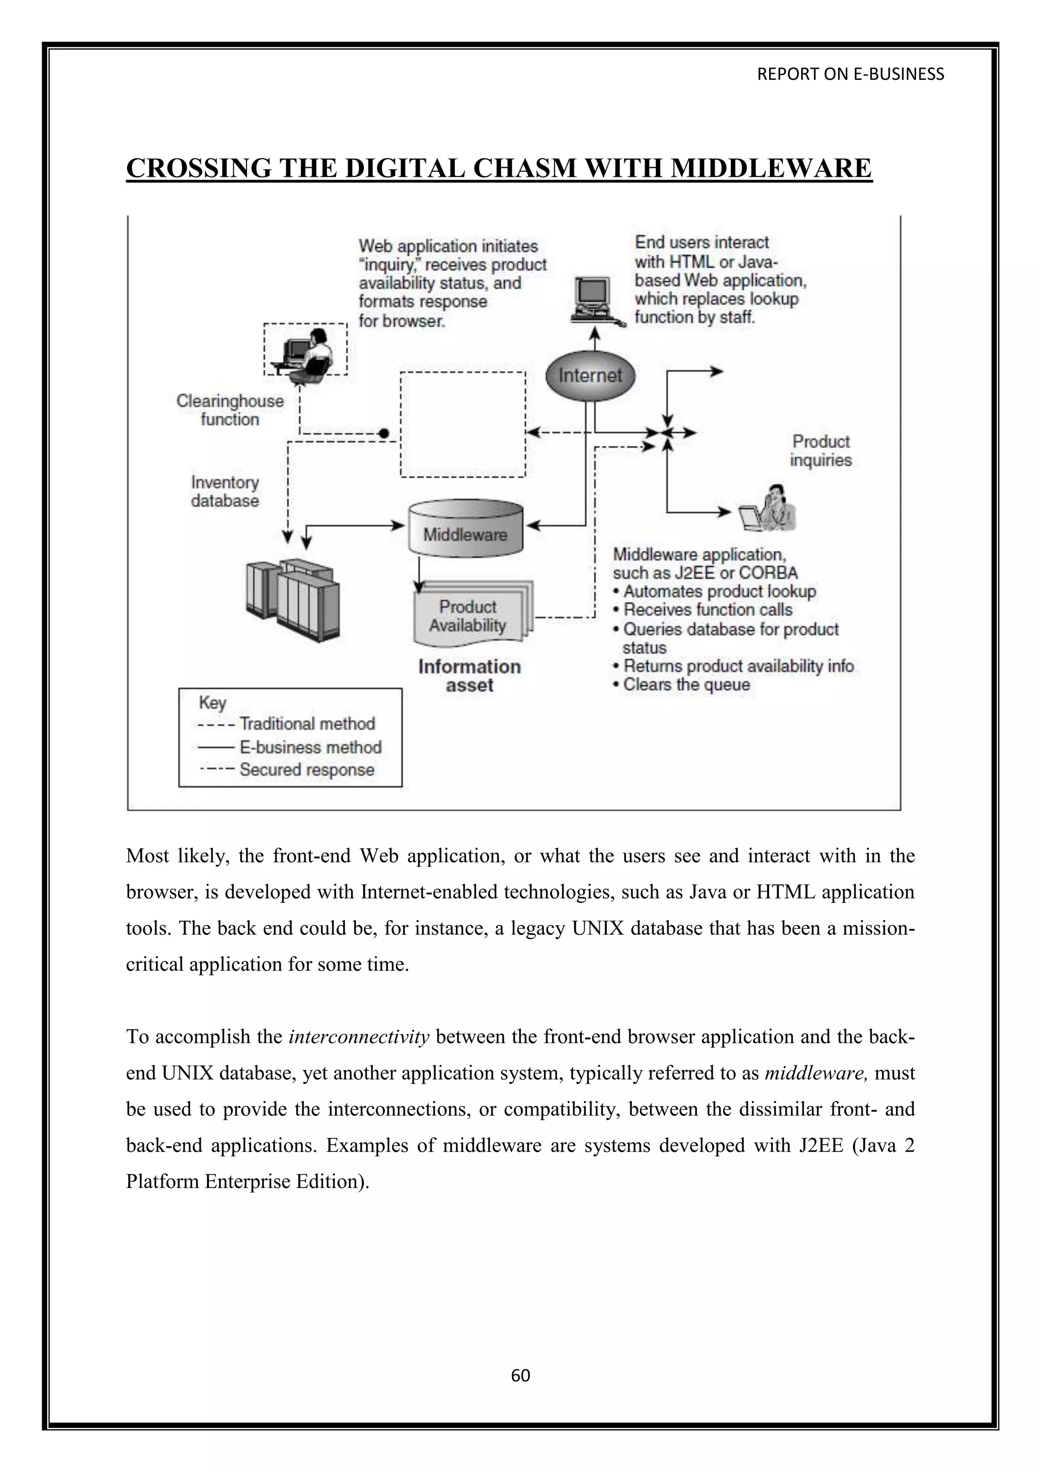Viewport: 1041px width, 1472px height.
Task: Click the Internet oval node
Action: click(x=590, y=376)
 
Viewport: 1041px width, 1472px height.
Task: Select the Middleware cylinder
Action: click(x=466, y=529)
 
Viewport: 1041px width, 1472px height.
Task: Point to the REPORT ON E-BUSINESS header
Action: click(x=850, y=74)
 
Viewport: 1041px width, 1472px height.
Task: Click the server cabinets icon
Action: click(x=292, y=601)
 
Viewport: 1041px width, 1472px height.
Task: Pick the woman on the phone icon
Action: click(x=769, y=510)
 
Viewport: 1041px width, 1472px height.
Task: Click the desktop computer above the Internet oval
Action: click(x=593, y=301)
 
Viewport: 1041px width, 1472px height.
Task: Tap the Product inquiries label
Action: click(x=820, y=451)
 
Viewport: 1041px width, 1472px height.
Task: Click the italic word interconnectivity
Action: click(x=359, y=1037)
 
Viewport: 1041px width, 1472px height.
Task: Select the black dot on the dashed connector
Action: click(x=384, y=434)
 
